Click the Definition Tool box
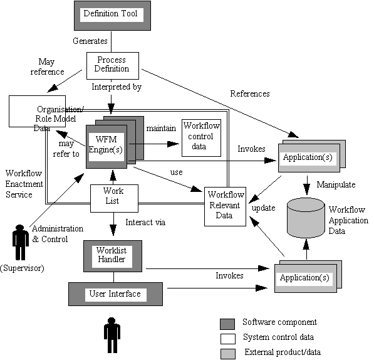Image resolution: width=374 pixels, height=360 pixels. click(x=112, y=16)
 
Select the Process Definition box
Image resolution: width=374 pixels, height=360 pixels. click(x=113, y=66)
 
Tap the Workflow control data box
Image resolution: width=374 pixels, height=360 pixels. click(x=201, y=138)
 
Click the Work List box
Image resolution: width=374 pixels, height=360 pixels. click(x=114, y=198)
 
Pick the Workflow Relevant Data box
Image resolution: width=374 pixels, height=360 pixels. click(x=225, y=206)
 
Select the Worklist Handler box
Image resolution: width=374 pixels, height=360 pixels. click(x=113, y=256)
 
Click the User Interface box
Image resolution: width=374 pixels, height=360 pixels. click(x=115, y=294)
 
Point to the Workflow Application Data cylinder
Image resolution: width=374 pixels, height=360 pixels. click(x=306, y=218)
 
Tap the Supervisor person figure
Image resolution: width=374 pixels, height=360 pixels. click(x=20, y=242)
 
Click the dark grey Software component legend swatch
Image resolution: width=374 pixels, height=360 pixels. click(x=227, y=324)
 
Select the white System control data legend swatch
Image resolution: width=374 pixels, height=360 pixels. click(x=228, y=339)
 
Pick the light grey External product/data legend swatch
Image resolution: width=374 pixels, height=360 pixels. click(x=228, y=354)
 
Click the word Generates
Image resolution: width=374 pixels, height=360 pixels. click(x=90, y=41)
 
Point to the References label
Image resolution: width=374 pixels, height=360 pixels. click(x=250, y=93)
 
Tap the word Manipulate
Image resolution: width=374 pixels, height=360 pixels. click(x=336, y=184)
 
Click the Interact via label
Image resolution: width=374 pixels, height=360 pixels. click(x=145, y=222)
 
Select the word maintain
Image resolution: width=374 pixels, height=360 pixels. click(x=161, y=129)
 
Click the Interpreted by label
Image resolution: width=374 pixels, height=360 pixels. click(x=117, y=87)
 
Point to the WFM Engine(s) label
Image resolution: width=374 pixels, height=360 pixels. click(x=106, y=144)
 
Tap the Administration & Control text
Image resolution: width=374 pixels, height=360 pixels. click(x=58, y=234)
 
